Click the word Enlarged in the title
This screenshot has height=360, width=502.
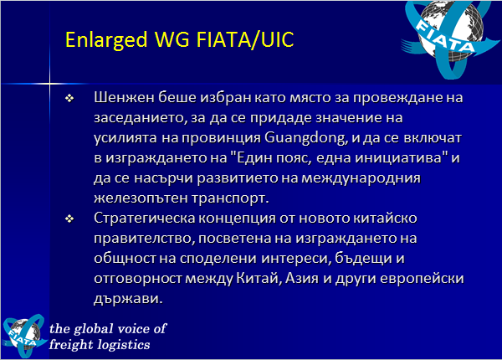pos(106,40)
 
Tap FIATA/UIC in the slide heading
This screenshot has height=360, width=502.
pos(245,39)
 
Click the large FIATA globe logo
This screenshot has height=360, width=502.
pos(450,38)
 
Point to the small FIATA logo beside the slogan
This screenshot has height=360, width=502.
pos(24,336)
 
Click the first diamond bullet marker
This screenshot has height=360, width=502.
pos(69,98)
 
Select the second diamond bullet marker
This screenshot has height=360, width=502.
pos(69,219)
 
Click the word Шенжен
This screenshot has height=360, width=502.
pos(124,97)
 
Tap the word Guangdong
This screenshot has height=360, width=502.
pos(305,138)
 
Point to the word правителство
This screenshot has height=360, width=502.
pos(142,239)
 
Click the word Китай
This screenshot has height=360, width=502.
pos(259,278)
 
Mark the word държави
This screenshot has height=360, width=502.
pos(126,299)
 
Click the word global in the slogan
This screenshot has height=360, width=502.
pos(94,329)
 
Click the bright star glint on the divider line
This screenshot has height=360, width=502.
pos(49,84)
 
